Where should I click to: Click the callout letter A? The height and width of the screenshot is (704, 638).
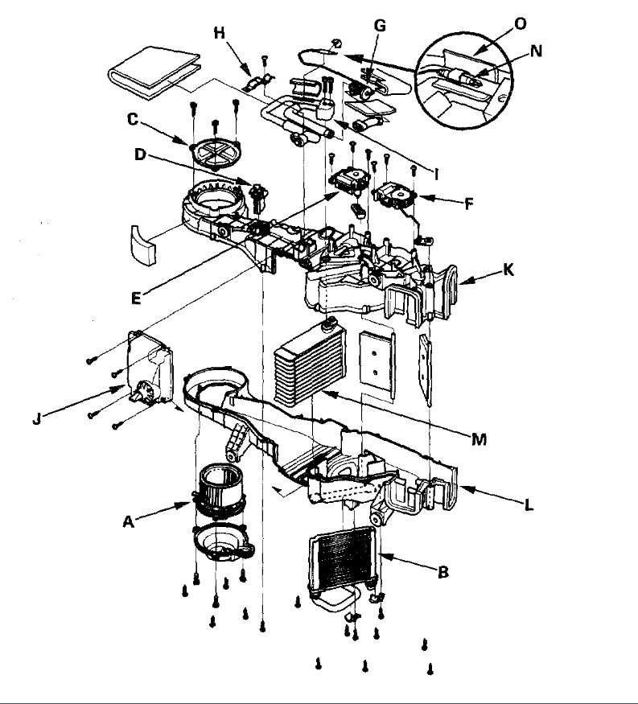[x=127, y=522]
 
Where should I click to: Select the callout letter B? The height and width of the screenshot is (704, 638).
[x=442, y=573]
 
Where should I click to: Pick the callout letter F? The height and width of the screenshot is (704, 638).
[x=468, y=204]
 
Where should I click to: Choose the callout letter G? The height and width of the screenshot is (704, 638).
[x=380, y=26]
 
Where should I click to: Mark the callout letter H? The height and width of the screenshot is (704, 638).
[x=219, y=32]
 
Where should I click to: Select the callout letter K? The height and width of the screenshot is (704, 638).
[x=508, y=270]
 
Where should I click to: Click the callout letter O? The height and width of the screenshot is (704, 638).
[x=520, y=23]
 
